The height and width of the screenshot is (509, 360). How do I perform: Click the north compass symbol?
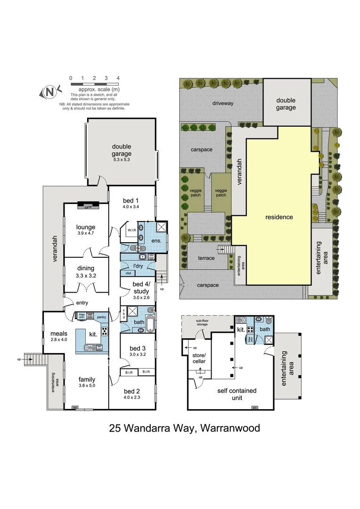coord(50,91)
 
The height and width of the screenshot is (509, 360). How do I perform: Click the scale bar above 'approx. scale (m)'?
coord(94,84)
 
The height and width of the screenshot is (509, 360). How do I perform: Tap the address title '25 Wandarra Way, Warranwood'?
coord(184,428)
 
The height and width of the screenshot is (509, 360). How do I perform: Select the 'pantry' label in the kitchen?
coord(101,317)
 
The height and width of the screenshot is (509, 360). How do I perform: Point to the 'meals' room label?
coord(58,334)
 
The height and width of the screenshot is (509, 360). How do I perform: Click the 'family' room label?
coord(87,379)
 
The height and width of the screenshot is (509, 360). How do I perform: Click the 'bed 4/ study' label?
coord(140,287)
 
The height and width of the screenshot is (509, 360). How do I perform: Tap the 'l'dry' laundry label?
coord(138,266)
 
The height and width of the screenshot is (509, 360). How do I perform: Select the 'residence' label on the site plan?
coord(279,217)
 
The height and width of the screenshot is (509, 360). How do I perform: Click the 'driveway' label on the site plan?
coord(222,103)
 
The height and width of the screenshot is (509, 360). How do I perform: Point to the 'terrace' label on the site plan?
coord(206,258)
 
